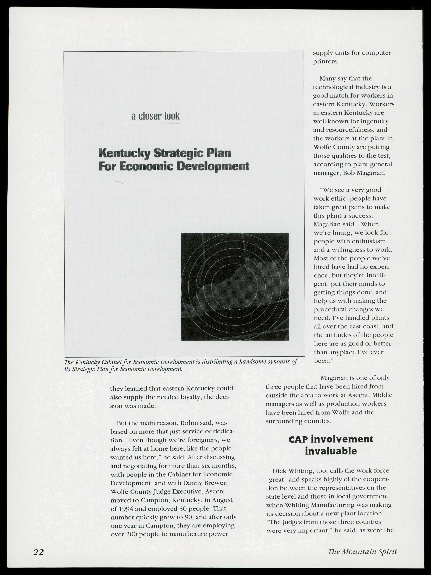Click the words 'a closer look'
[x=155, y=116]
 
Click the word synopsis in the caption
[x=279, y=362]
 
